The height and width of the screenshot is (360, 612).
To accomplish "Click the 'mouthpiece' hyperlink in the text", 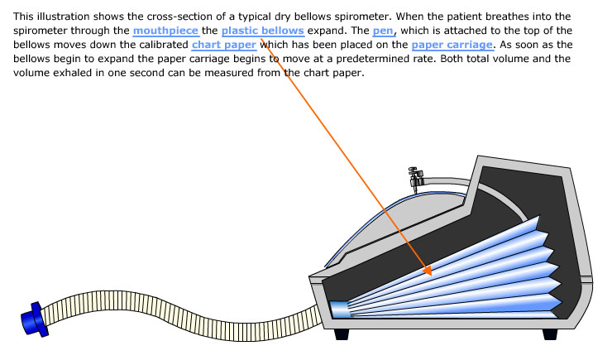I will click(x=165, y=31).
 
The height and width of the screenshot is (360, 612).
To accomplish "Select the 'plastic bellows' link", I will click(x=262, y=31).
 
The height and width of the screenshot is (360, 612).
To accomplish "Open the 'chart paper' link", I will click(x=223, y=45).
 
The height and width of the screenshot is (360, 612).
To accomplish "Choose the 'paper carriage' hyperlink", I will click(x=452, y=45).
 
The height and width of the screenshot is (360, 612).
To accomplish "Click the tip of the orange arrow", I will click(x=429, y=272).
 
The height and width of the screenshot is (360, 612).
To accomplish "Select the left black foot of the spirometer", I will click(x=343, y=334).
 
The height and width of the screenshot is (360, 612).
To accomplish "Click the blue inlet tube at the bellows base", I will click(x=339, y=310).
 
